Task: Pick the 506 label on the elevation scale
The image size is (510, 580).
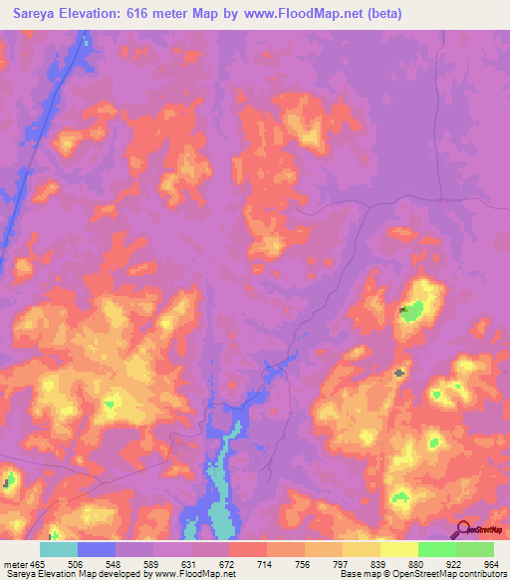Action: (x=96, y=564)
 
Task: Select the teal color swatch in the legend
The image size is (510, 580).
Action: (x=59, y=549)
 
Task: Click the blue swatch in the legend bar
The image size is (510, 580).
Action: (x=97, y=549)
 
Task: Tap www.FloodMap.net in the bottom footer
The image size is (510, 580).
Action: (x=193, y=575)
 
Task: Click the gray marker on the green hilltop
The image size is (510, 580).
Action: (x=403, y=311)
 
